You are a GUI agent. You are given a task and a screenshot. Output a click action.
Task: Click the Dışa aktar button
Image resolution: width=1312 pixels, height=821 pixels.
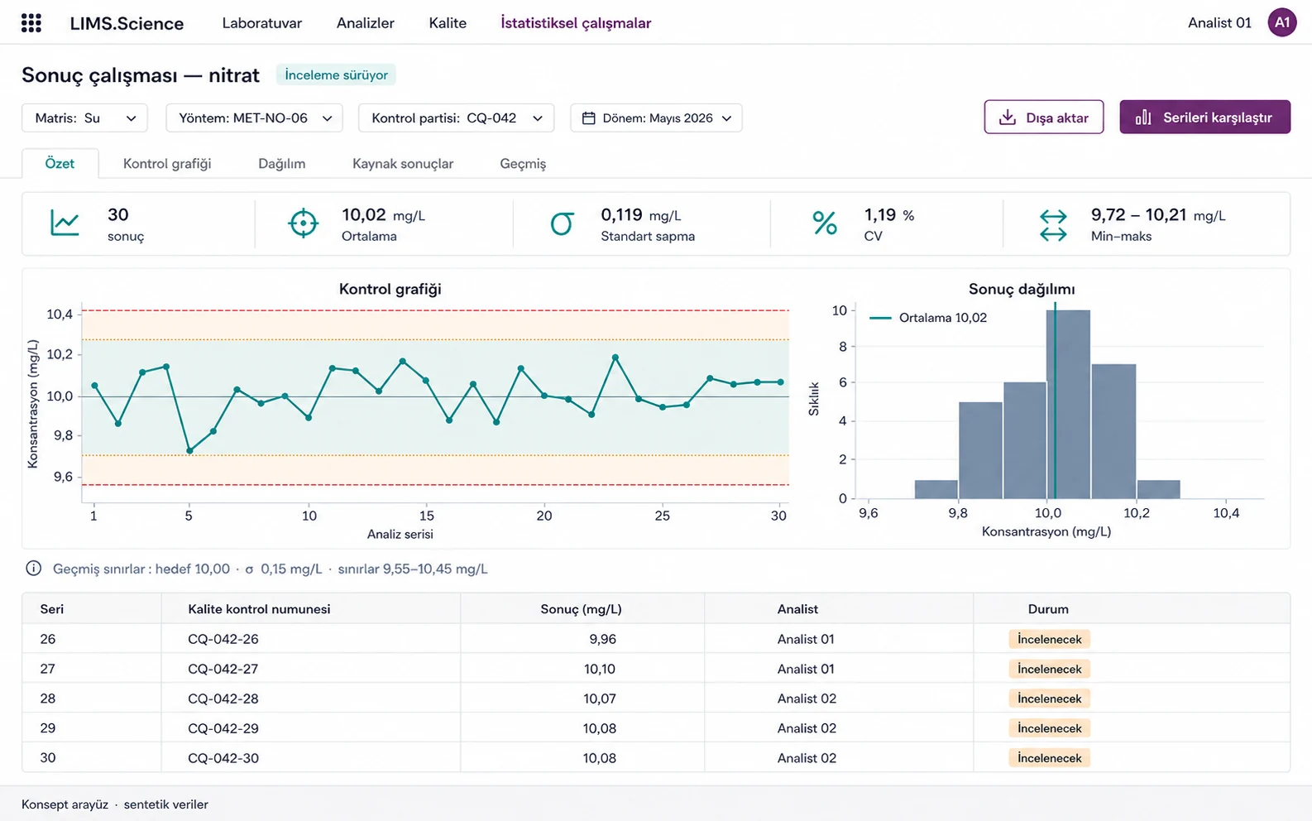[x=1043, y=118]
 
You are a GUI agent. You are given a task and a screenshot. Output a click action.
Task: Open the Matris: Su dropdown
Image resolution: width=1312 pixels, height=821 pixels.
[x=84, y=118]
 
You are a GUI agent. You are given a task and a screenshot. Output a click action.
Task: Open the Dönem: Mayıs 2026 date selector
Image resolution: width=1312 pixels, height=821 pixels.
[x=656, y=118]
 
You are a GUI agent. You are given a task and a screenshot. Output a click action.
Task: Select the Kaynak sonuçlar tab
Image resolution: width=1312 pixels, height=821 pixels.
[x=402, y=164]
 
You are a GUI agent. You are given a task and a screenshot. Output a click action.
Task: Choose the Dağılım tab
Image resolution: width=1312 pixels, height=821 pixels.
[x=282, y=164]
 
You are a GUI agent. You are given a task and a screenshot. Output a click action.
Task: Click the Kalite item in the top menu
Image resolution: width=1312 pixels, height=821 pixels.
[x=448, y=23]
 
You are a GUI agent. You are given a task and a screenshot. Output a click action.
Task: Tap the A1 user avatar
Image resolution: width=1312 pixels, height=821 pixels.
[x=1282, y=23]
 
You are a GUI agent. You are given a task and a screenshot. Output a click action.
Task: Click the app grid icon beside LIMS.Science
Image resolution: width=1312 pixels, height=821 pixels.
[x=31, y=23]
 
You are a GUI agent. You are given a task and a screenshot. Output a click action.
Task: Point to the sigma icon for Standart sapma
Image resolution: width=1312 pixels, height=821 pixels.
[x=562, y=223]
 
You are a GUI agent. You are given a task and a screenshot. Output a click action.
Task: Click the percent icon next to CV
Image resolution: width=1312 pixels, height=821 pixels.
[x=825, y=223]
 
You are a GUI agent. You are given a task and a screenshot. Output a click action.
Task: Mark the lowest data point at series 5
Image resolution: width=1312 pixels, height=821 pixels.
[x=189, y=451]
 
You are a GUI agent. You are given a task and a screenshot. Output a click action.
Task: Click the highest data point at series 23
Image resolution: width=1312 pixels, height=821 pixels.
[x=615, y=357]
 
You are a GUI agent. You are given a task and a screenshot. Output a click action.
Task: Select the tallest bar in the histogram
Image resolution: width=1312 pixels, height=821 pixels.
[x=1068, y=404]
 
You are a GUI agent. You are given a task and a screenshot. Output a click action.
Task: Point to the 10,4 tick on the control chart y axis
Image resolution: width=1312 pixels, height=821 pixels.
[x=60, y=314]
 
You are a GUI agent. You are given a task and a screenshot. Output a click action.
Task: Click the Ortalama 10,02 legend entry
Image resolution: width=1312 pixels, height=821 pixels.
[x=928, y=318]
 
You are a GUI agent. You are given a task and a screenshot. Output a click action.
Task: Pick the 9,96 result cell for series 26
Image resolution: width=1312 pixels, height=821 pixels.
[x=603, y=639]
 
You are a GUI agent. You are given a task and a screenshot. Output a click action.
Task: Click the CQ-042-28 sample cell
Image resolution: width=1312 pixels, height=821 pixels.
[x=223, y=699]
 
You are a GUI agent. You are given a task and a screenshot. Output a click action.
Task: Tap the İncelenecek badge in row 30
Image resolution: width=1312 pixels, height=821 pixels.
[x=1049, y=758]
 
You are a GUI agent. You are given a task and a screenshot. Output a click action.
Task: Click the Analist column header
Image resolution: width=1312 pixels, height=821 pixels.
[x=797, y=609]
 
